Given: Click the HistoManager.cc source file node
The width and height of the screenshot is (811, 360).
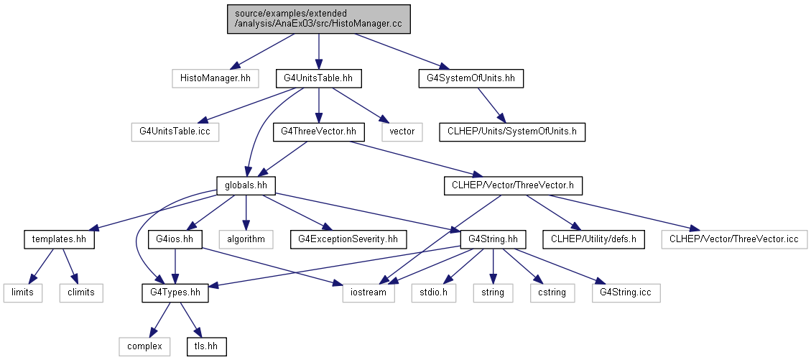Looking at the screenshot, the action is click(x=319, y=19).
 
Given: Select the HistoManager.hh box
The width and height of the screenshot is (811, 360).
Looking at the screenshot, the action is click(x=216, y=78).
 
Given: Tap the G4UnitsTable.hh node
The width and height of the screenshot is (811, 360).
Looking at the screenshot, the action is click(x=318, y=78).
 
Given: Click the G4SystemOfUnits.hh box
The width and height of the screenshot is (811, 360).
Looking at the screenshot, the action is click(x=471, y=78).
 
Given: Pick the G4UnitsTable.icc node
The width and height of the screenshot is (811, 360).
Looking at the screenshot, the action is click(x=175, y=131).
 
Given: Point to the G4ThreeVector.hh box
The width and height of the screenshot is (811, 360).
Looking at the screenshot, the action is click(x=319, y=131).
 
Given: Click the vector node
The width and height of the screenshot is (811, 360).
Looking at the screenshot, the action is click(x=402, y=131).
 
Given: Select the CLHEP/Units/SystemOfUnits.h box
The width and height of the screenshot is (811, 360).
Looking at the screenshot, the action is click(x=512, y=131).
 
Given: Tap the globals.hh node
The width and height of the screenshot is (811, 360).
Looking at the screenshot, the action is click(x=246, y=185).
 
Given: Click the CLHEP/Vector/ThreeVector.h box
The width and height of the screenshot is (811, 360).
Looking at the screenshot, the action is click(x=513, y=185).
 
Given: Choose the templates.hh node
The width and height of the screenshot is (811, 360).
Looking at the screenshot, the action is click(x=59, y=239).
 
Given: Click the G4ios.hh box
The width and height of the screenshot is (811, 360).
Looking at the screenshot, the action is click(x=175, y=239).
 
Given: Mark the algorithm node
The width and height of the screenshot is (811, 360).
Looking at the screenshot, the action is click(x=246, y=239).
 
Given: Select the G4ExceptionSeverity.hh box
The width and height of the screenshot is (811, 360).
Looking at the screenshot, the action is click(x=348, y=239).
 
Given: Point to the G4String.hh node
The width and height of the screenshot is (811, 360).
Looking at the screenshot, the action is click(x=493, y=239).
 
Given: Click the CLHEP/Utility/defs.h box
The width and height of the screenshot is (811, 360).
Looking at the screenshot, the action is click(x=594, y=239).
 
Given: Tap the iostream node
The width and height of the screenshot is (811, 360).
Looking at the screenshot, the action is click(x=369, y=292).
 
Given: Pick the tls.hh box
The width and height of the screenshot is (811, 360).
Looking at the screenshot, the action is click(x=207, y=346).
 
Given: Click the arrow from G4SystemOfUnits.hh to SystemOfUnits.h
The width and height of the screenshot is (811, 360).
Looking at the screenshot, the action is click(x=491, y=105).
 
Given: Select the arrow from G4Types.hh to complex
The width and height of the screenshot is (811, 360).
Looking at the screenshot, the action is click(x=159, y=320).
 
